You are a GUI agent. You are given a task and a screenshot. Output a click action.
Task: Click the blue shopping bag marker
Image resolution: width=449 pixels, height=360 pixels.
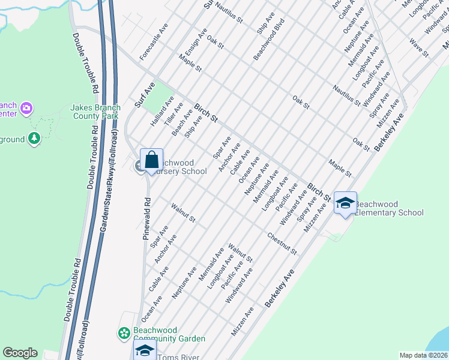click(x=151, y=160)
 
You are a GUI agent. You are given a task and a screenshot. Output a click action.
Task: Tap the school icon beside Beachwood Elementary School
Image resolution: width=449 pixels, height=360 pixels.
click(x=345, y=204)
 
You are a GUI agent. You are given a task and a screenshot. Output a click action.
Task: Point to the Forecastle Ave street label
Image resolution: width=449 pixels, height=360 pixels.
click(x=154, y=42)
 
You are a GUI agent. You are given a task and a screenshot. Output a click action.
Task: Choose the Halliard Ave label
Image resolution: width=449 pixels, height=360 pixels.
click(x=161, y=112)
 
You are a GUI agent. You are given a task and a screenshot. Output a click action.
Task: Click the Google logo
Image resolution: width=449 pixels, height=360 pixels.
click(x=20, y=353)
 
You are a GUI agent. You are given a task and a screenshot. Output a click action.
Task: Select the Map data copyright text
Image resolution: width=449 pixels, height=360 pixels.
click(x=423, y=355)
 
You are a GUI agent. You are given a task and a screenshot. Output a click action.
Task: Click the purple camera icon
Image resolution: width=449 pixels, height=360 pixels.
click(x=26, y=109)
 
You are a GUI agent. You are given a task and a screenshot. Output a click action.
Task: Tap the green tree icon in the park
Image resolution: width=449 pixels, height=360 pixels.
click(x=34, y=139)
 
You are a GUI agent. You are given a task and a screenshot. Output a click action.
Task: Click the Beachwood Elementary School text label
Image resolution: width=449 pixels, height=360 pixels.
click(x=390, y=208)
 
